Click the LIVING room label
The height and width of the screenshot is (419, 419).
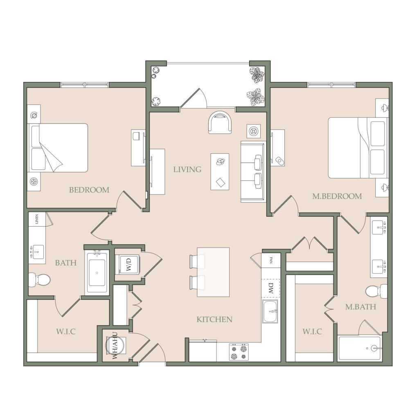tap(187, 169)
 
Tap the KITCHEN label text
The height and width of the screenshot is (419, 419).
tap(214, 319)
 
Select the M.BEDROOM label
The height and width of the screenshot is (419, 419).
tap(337, 196)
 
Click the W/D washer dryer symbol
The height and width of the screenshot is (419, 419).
tap(128, 264)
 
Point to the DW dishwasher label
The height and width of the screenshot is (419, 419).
tap(271, 288)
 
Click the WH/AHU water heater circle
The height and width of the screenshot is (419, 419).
tap(115, 345)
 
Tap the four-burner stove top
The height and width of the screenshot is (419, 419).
tap(239, 352)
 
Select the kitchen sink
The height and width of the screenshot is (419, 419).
tap(270, 311)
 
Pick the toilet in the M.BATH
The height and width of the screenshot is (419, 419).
tap(376, 291)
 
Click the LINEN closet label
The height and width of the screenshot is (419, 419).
tap(36, 219)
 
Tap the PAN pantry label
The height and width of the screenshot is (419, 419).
tap(271, 260)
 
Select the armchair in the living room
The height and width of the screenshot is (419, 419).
tap(220, 122)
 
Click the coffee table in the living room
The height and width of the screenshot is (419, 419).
tap(220, 171)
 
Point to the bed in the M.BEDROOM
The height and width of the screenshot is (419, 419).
tap(358, 148)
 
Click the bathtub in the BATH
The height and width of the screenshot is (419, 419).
tap(97, 273)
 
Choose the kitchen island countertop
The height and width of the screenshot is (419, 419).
tap(213, 272)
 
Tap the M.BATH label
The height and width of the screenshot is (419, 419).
tap(360, 307)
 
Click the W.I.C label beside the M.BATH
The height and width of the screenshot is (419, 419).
tap(312, 331)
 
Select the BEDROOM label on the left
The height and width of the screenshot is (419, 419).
tap(89, 190)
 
